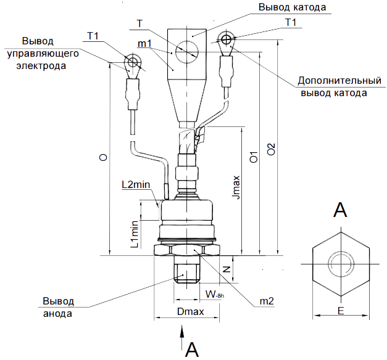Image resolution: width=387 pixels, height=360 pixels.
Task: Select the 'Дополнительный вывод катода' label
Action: (333, 88)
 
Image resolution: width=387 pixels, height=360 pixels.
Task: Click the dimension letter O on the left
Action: (102, 158)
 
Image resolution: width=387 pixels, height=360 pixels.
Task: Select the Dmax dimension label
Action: (190, 313)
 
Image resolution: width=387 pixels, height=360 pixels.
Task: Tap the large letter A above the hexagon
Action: (339, 210)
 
